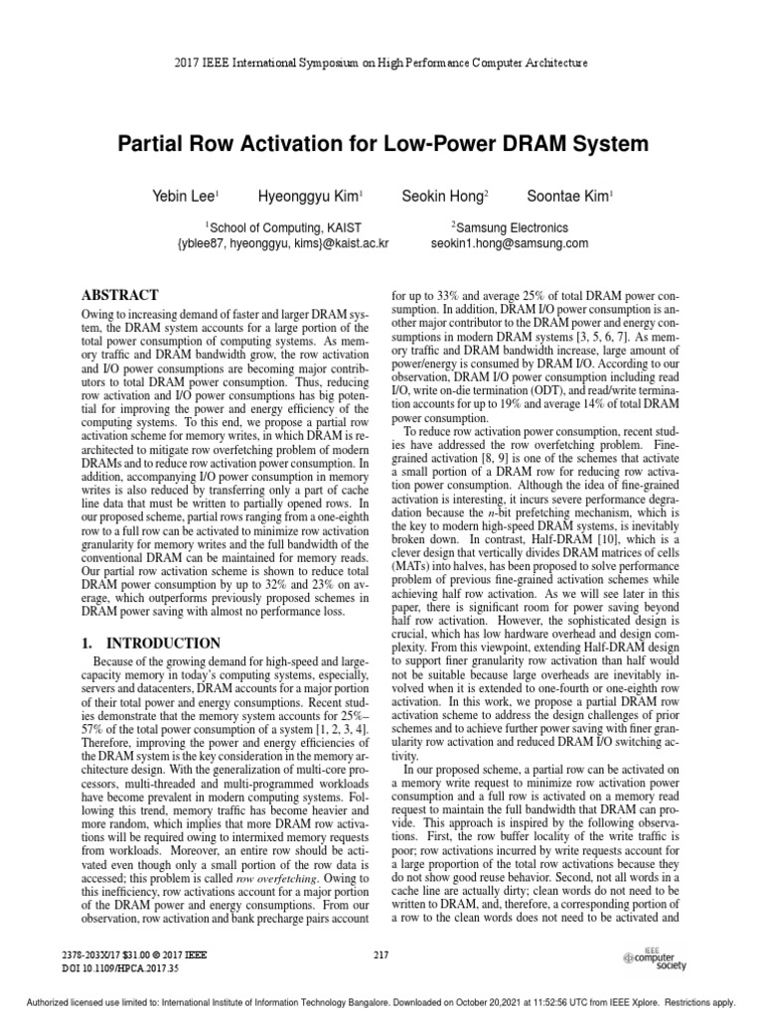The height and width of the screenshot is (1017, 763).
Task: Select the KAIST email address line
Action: (x=281, y=243)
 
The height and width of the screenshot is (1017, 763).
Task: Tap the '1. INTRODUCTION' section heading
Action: (x=149, y=644)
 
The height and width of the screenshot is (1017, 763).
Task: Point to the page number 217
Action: (x=381, y=954)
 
